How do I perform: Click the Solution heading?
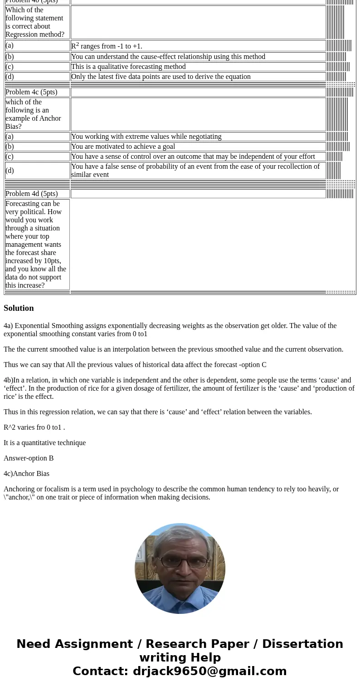pyautogui.click(x=19, y=308)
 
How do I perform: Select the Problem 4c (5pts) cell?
pyautogui.click(x=31, y=92)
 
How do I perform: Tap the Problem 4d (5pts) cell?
pyautogui.click(x=31, y=194)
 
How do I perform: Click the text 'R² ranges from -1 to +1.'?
pyautogui.click(x=107, y=46)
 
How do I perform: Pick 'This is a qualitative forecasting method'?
pyautogui.click(x=128, y=67)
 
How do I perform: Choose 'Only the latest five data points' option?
pyautogui.click(x=161, y=77)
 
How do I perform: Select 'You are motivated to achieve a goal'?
pyautogui.click(x=123, y=147)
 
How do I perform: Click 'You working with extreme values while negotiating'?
pyautogui.click(x=146, y=137)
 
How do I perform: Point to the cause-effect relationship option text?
pyautogui.click(x=168, y=57)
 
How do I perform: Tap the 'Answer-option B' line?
pyautogui.click(x=29, y=458)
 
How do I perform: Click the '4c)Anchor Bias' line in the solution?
pyautogui.click(x=26, y=474)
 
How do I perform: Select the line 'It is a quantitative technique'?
pyautogui.click(x=44, y=443)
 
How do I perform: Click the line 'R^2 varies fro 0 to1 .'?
pyautogui.click(x=34, y=427)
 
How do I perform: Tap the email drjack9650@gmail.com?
pyautogui.click(x=209, y=671)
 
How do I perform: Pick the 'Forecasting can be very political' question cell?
pyautogui.click(x=36, y=245)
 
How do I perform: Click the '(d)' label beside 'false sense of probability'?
pyautogui.click(x=10, y=171)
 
